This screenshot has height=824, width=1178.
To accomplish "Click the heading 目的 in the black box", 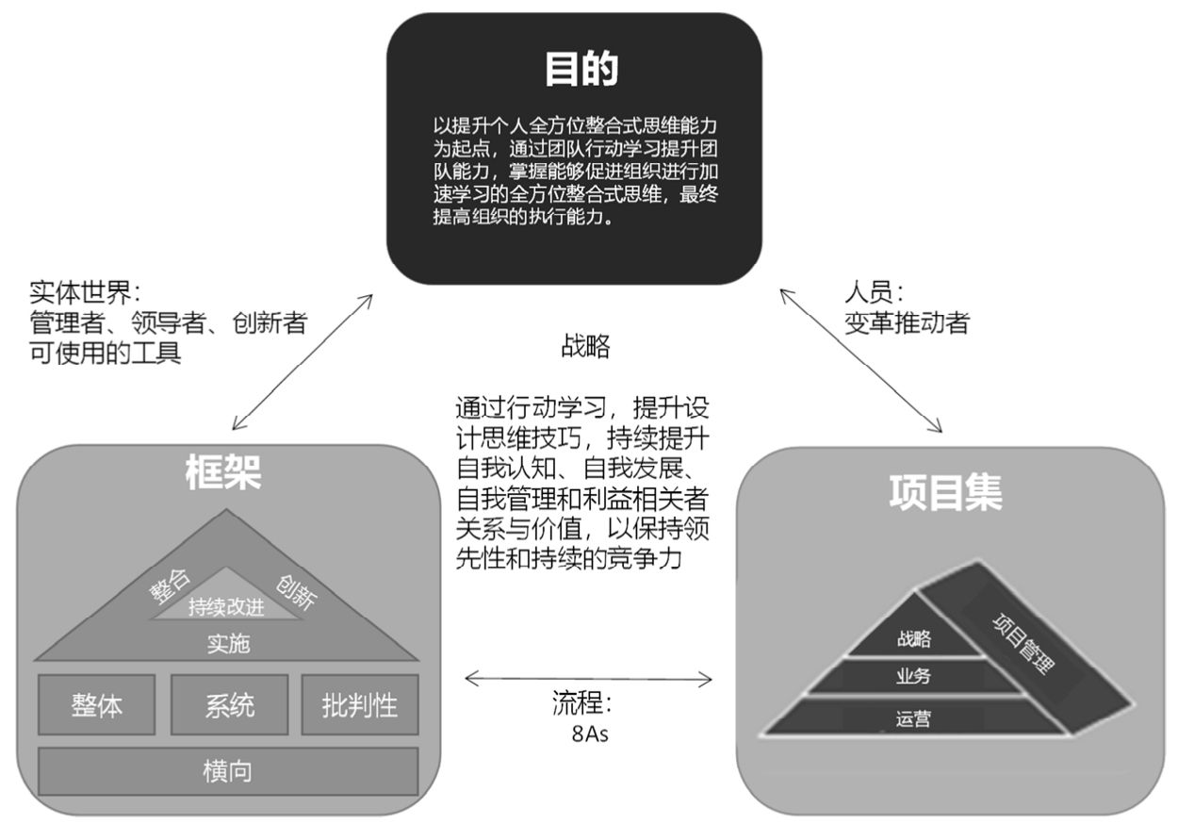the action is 581,69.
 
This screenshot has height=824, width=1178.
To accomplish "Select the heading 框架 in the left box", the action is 223,472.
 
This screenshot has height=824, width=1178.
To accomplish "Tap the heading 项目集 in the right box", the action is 945,493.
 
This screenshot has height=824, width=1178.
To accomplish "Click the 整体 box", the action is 97,704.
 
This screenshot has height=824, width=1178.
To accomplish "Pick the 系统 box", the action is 229,704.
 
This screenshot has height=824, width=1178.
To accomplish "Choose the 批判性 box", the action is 360,704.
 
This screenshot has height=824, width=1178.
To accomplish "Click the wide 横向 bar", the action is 228,771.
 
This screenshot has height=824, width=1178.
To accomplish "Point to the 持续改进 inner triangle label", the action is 226,607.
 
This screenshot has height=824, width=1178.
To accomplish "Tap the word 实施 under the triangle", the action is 228,644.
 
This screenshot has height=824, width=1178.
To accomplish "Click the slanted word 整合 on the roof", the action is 170,585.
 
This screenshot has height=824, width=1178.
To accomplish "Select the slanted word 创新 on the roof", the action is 296,592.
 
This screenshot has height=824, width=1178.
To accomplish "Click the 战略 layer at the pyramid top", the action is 914,639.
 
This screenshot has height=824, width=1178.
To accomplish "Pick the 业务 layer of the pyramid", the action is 914,676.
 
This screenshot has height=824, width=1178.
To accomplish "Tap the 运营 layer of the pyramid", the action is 914,718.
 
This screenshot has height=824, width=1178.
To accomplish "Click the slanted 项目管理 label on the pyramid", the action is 1023,644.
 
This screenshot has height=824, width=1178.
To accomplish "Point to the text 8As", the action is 590,734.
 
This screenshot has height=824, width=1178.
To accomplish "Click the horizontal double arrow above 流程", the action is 588,679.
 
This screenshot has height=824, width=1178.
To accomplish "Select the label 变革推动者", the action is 908,322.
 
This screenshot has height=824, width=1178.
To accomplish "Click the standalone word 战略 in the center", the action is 585,346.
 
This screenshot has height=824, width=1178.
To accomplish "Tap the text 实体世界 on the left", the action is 80,292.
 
